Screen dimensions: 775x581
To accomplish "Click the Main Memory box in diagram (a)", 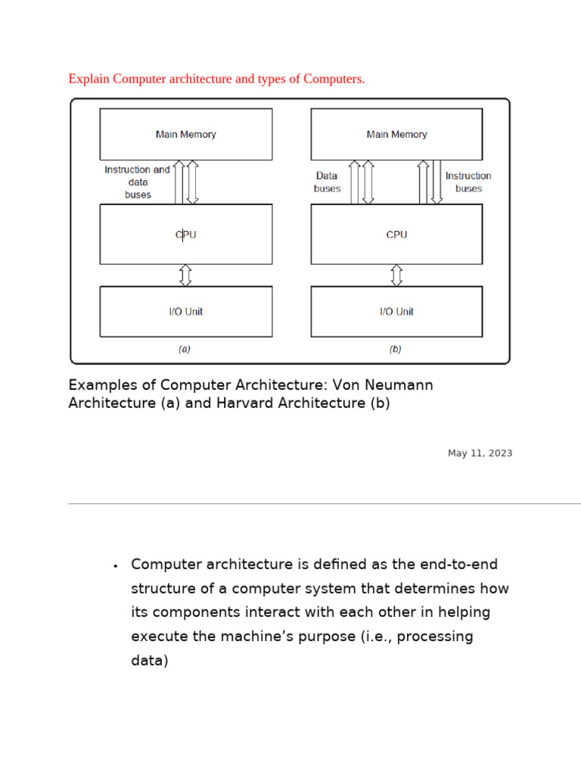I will [185, 134].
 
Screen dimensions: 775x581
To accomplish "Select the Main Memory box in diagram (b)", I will [396, 134].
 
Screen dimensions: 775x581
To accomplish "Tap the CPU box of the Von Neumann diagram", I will [185, 234].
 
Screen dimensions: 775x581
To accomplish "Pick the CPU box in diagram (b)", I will [396, 234].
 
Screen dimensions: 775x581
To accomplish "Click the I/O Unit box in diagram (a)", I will [185, 311].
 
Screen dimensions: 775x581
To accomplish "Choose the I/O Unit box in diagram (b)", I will [396, 311].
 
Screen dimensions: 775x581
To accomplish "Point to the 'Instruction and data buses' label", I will [137, 182].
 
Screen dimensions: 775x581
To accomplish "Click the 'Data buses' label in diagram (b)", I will [327, 182].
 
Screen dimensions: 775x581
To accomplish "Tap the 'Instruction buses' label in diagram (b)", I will [468, 182].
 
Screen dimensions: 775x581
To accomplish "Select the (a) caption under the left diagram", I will [184, 350].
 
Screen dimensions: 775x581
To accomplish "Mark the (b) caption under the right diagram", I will [395, 350].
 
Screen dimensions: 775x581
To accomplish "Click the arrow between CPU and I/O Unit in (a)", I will [185, 274].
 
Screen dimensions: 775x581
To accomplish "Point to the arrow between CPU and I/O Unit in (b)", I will [396, 274].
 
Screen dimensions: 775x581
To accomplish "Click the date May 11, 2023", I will [480, 453].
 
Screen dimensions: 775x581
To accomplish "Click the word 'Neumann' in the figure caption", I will [402, 384].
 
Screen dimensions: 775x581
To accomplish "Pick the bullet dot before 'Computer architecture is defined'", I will [114, 566].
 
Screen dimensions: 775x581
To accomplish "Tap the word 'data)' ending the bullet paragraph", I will [149, 661].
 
